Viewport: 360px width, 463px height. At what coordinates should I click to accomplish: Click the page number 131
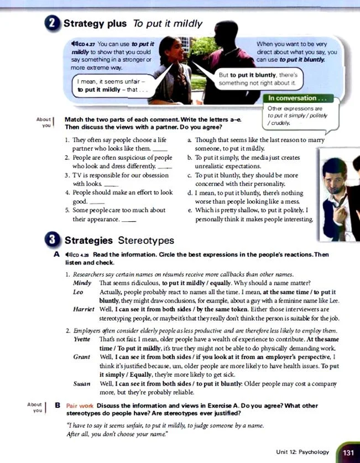(x=348, y=452)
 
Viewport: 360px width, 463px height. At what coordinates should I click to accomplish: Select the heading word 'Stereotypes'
(x=146, y=241)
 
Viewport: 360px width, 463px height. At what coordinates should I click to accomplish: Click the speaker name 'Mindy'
(x=81, y=283)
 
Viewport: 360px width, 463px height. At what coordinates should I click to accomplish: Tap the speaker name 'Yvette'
(x=82, y=338)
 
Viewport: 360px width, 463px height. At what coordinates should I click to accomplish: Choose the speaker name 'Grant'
(x=81, y=358)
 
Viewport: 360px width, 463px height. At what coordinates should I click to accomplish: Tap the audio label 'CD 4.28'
(x=81, y=254)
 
